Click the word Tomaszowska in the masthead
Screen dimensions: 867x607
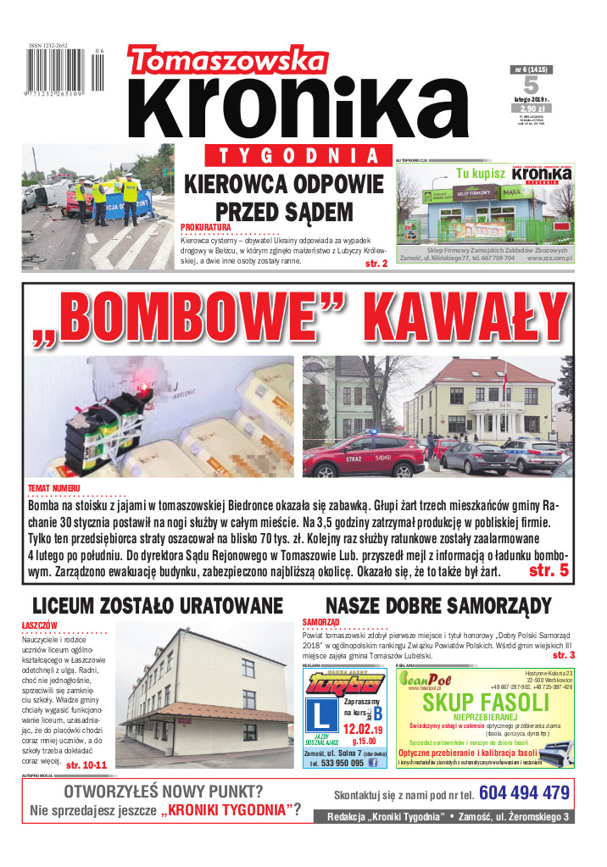click(x=222, y=63)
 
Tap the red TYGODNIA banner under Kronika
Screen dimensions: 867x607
click(x=293, y=156)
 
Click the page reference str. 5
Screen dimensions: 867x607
click(x=548, y=570)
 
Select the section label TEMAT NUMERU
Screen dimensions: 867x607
click(x=54, y=489)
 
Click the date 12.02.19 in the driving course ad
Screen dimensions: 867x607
click(x=362, y=728)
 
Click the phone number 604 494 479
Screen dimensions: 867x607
click(x=524, y=793)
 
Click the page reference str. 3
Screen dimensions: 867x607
click(x=564, y=655)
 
